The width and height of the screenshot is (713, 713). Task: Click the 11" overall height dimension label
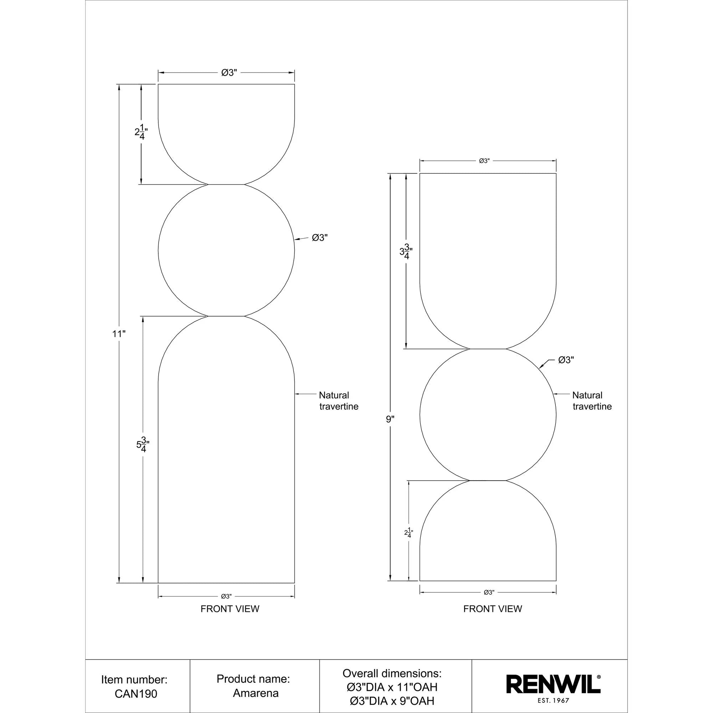[119, 334]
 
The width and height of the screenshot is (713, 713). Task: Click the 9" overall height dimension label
[390, 419]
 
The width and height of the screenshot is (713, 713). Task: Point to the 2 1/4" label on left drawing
[141, 133]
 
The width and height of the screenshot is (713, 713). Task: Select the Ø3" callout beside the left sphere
[319, 238]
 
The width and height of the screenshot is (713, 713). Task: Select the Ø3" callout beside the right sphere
[566, 360]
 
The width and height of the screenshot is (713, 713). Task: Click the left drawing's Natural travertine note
[338, 401]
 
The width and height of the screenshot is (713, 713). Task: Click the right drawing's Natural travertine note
[591, 401]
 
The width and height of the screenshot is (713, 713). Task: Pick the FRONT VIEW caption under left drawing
[230, 609]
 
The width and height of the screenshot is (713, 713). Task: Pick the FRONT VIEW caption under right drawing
[493, 609]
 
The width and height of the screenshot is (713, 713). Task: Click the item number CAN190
[136, 694]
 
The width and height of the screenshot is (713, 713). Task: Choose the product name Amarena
[255, 693]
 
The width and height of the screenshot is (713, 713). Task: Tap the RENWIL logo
[553, 684]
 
